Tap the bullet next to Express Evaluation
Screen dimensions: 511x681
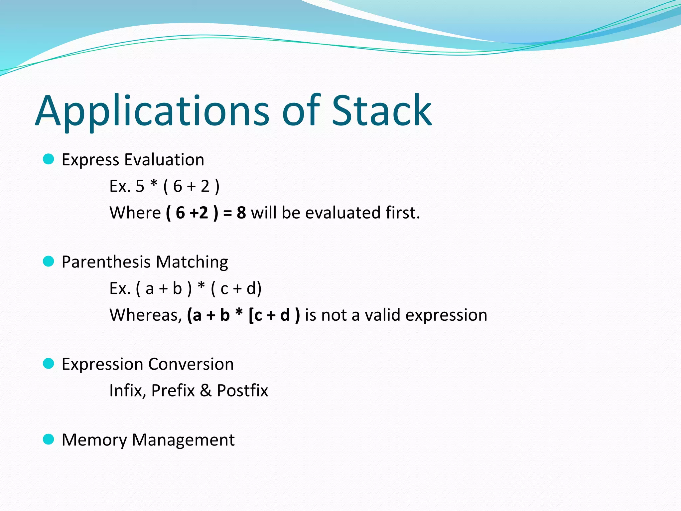[x=49, y=159]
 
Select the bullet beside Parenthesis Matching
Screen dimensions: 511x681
[x=49, y=261]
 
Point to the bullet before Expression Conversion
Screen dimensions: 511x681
[x=49, y=364]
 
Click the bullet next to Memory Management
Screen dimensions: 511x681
[x=49, y=439]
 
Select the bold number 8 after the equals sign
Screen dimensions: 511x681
[x=241, y=213]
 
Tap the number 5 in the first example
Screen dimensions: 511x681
[x=140, y=186]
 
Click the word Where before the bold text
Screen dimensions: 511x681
[x=135, y=213]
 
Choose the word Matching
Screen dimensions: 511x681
[x=192, y=262]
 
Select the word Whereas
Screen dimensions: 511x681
[x=146, y=315]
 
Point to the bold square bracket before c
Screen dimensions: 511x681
[x=251, y=315]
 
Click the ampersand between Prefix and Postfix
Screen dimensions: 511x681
[x=206, y=390]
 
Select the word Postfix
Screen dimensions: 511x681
[x=242, y=391]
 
